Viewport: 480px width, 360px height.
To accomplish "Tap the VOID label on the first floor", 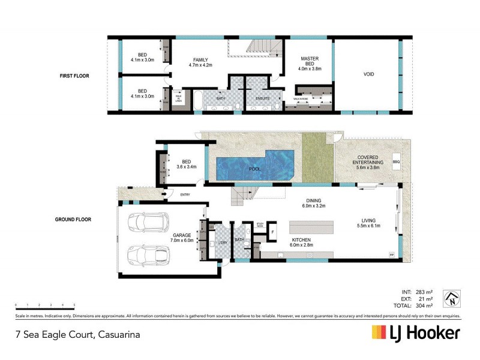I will tap(368, 74).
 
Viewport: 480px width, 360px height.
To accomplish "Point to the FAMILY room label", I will tap(200, 59).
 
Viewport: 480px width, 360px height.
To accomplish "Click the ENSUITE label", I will tap(263, 97).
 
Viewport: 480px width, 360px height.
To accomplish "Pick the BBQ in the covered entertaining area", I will tap(395, 162).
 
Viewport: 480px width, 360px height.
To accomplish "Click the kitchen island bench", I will tap(313, 228).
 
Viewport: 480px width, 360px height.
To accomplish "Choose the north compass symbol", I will tap(451, 298).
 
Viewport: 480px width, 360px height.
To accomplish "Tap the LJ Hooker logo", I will tap(416, 333).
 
